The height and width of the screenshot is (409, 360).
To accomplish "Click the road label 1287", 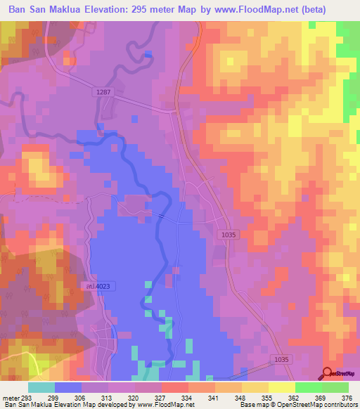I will click(102, 92).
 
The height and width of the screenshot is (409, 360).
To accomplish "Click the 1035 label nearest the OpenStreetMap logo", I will click(282, 360).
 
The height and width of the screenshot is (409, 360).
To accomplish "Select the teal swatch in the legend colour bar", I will click(41, 387).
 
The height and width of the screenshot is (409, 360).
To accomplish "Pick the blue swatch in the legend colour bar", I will click(68, 387).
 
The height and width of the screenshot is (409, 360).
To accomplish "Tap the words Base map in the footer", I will click(252, 405).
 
